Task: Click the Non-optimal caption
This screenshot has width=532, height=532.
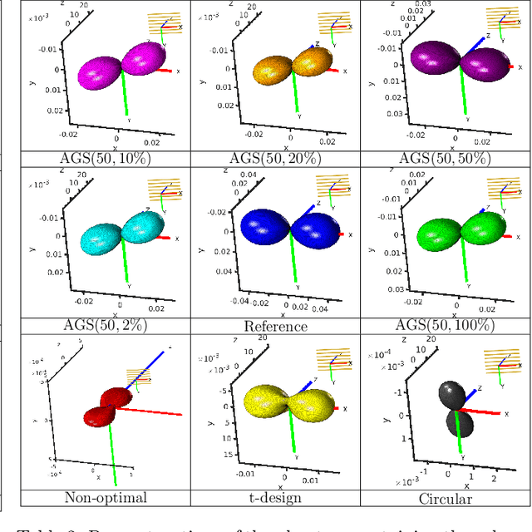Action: (x=106, y=498)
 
